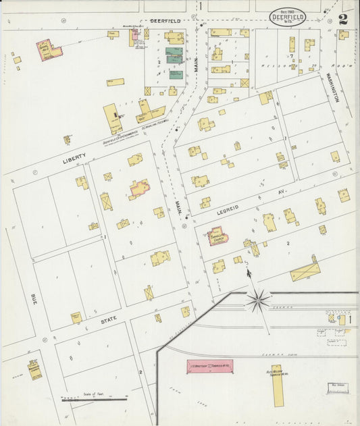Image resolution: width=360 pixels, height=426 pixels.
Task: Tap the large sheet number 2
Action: coord(343,18)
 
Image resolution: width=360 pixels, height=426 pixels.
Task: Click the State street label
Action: coord(109,322)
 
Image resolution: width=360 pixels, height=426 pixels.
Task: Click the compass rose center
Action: coord(257,301)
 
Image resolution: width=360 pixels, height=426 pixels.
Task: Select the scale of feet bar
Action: coord(95,400)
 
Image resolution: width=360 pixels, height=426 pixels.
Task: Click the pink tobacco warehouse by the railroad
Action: coord(209,367)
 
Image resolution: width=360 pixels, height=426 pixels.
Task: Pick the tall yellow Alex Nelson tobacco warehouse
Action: coord(278,385)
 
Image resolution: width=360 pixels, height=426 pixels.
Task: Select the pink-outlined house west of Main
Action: coord(140,188)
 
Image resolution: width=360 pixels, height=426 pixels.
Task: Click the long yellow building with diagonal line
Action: coord(305,272)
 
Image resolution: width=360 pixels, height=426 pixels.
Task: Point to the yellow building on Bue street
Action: coord(34,369)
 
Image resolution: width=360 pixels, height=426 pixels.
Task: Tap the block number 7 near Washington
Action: coord(291,57)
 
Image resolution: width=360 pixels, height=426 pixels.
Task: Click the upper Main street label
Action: coord(196,65)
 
